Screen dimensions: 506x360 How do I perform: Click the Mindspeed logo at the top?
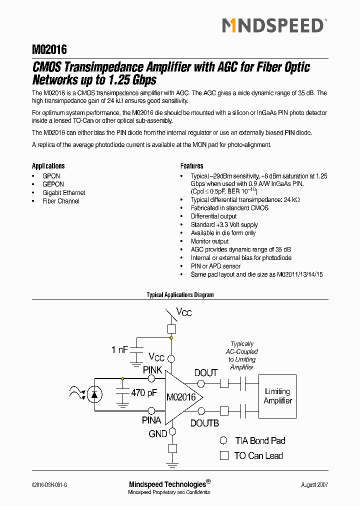tap(273, 25)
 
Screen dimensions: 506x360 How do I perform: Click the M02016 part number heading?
tap(49, 49)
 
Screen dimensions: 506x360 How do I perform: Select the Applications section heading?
tap(48, 166)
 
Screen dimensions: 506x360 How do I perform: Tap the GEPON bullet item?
tap(53, 184)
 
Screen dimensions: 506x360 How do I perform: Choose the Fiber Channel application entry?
tap(61, 201)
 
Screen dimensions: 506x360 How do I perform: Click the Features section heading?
tap(191, 166)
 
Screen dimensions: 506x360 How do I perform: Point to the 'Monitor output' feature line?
tap(209, 241)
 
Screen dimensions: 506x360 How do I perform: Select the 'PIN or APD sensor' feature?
tap(215, 266)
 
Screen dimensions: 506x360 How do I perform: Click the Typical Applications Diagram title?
tap(180, 295)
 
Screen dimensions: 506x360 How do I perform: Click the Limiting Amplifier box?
tap(277, 396)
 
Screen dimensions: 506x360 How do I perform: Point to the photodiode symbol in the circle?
tap(93, 394)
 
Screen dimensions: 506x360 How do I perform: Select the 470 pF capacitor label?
tap(144, 393)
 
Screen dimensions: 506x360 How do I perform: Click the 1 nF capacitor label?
tap(120, 350)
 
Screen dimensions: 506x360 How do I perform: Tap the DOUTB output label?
tap(204, 423)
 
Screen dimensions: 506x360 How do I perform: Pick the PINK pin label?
tap(152, 370)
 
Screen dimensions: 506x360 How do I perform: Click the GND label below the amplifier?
tap(158, 434)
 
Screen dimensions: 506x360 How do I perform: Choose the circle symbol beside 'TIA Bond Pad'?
tap(224, 440)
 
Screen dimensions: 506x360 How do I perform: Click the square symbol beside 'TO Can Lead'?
tap(224, 455)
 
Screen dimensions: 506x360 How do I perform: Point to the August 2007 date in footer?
tap(314, 484)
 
